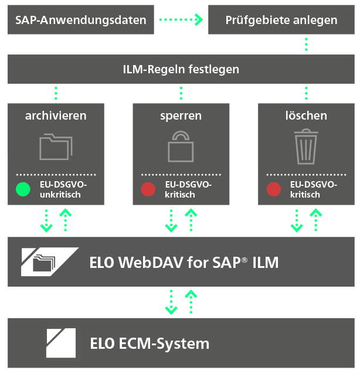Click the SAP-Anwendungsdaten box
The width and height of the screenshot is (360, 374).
tap(80, 20)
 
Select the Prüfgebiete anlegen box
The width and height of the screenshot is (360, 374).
tap(281, 20)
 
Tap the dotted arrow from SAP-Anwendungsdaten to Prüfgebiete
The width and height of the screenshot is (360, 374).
tap(181, 20)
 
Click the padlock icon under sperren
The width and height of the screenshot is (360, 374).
tap(181, 145)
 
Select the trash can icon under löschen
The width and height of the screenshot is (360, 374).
tap(306, 145)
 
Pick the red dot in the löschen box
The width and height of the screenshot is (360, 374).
tap(274, 189)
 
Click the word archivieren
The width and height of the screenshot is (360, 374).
tap(56, 115)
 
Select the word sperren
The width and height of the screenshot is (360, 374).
tap(181, 115)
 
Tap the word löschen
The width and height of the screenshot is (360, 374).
tap(306, 115)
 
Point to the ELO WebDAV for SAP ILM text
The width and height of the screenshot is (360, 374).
tap(184, 262)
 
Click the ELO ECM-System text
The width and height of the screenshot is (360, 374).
tap(150, 343)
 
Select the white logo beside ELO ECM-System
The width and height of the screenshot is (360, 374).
tap(62, 343)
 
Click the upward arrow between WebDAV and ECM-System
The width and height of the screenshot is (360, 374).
tap(190, 301)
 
